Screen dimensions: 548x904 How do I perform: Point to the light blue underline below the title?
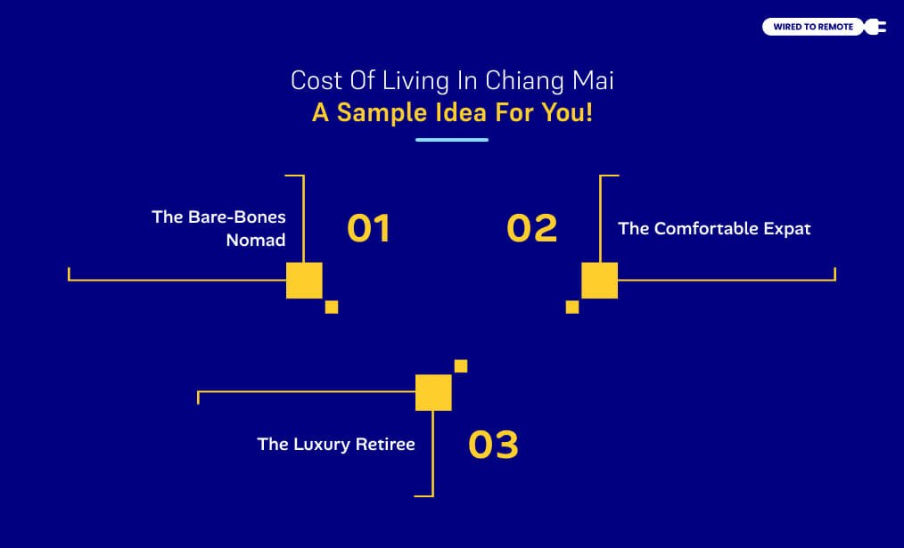point(452,140)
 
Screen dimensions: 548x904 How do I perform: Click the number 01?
point(368,229)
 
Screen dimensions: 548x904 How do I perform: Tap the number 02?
point(531,229)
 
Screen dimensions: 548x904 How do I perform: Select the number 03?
point(493,445)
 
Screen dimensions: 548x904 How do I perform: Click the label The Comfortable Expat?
point(714,229)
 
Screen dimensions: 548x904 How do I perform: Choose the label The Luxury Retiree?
point(336,444)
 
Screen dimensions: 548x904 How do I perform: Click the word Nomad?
point(256,241)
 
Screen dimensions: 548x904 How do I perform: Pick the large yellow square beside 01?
point(304,280)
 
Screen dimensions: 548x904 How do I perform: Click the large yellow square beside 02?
point(599,280)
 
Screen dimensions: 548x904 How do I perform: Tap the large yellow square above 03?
point(433,393)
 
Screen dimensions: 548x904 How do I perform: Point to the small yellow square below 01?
point(332,307)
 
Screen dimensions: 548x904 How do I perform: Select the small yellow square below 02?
point(572,307)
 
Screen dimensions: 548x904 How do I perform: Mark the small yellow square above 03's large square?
point(461,366)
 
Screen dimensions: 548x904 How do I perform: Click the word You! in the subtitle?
point(568,114)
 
